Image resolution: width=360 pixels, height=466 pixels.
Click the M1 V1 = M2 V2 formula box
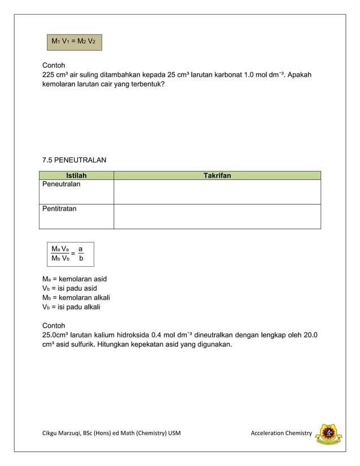coord(74,41)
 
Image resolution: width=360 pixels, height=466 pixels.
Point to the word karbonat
coord(225,74)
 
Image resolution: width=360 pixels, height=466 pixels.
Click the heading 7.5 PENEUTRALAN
coord(74,160)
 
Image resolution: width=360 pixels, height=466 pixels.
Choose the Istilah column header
coord(76,175)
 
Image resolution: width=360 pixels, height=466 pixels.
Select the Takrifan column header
coord(217,175)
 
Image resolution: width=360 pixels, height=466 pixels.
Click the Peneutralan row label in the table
coord(62,184)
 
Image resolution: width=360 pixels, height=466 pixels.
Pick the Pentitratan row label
coord(60,209)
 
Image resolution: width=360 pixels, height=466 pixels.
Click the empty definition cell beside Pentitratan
coord(217,216)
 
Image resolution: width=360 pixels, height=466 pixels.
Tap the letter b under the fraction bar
coord(81,259)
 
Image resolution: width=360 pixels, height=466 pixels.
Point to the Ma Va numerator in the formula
coord(60,249)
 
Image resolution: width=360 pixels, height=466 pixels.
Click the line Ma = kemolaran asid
coord(74,279)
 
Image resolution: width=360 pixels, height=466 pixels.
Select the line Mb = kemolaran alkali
coord(76,297)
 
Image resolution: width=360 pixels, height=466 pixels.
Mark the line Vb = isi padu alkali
coord(72,307)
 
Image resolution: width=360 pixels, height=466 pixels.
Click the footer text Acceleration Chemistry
coord(281,433)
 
